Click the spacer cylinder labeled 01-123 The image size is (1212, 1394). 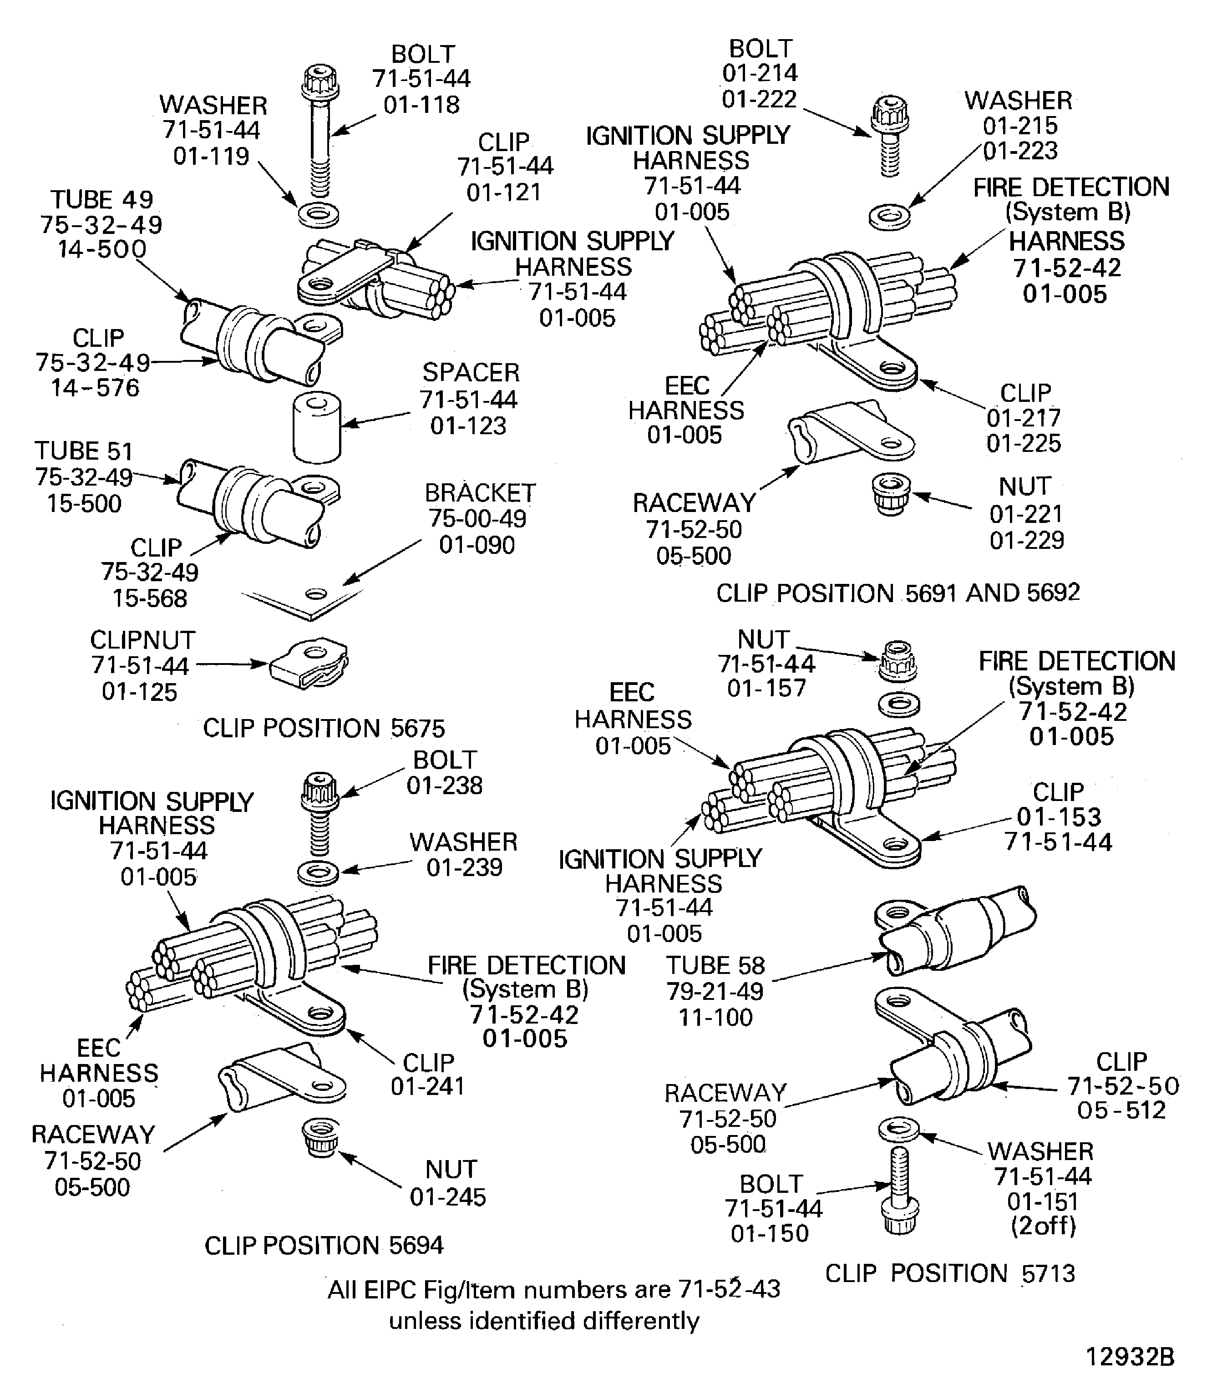[x=316, y=429]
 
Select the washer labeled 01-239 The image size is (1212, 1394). [x=318, y=872]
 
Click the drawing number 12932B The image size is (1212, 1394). [x=1130, y=1357]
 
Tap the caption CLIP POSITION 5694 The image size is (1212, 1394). [x=324, y=1245]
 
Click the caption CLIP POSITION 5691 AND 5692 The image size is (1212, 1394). [x=898, y=593]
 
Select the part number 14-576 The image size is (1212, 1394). [x=96, y=388]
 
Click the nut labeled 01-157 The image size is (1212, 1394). [x=898, y=661]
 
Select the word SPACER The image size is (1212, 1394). [x=471, y=373]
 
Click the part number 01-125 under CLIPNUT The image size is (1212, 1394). [x=139, y=692]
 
